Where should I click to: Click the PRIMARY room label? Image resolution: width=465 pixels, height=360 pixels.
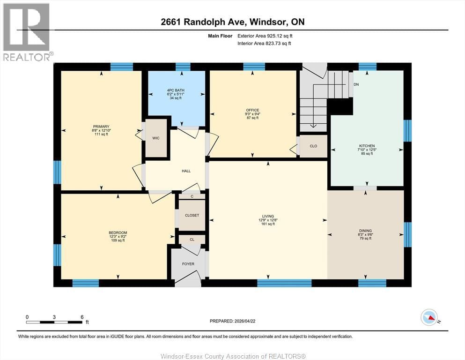[101, 127]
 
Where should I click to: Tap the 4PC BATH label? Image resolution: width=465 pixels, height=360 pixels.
[177, 90]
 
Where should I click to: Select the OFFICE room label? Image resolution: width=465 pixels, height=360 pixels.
[252, 111]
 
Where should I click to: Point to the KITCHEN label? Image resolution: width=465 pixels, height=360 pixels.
[367, 146]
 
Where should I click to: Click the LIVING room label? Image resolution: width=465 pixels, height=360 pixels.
[268, 216]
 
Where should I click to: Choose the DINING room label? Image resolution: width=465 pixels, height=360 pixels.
[365, 231]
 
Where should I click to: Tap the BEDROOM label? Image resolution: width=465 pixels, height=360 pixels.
[118, 233]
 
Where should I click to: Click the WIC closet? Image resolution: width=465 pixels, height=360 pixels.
[155, 139]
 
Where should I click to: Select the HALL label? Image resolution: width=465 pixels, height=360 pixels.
[186, 171]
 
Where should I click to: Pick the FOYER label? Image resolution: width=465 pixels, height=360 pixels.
[188, 264]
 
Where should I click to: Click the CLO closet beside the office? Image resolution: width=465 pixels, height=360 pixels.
[313, 146]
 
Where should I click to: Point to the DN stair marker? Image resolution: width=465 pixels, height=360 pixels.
[356, 85]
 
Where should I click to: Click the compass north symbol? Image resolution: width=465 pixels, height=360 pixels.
[429, 318]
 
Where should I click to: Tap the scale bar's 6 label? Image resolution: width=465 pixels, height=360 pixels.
[82, 317]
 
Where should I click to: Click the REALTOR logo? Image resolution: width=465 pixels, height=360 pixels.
[26, 32]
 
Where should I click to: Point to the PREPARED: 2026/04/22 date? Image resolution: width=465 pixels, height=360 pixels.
[232, 321]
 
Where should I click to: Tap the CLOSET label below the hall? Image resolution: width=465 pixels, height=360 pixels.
[192, 215]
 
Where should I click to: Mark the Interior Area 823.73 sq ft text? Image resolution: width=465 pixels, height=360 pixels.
[266, 44]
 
